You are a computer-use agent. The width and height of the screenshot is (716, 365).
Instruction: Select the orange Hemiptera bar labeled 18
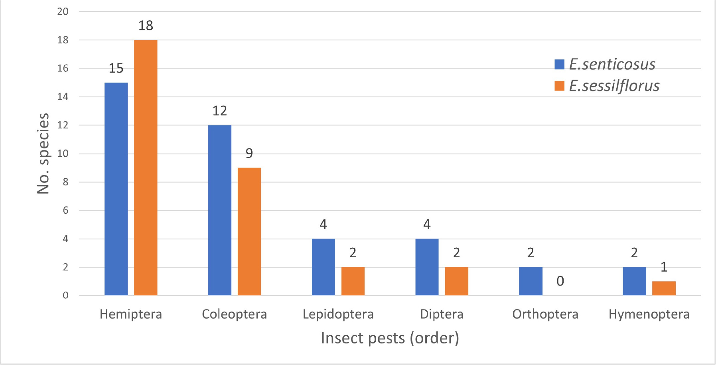click(x=146, y=168)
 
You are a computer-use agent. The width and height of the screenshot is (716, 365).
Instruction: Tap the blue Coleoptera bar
click(x=220, y=210)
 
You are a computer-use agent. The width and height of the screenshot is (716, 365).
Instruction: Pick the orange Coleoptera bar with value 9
click(x=249, y=231)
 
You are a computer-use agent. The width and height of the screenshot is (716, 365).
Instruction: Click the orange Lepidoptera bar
click(x=353, y=281)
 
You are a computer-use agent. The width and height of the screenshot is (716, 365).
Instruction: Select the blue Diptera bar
click(x=427, y=267)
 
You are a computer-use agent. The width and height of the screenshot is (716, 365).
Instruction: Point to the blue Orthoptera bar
click(x=531, y=281)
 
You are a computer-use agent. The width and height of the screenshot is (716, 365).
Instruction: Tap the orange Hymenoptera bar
click(x=664, y=288)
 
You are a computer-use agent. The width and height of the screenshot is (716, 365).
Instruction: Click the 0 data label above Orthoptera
click(x=560, y=281)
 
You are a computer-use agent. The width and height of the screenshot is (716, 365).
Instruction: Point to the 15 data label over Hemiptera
click(x=116, y=69)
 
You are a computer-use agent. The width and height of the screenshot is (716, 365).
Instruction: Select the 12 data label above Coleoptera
click(x=220, y=111)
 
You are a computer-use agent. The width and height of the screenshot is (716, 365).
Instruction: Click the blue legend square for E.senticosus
click(x=559, y=65)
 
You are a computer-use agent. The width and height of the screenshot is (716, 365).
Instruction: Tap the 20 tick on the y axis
click(x=63, y=12)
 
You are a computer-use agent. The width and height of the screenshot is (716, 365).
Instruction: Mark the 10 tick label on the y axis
click(x=63, y=154)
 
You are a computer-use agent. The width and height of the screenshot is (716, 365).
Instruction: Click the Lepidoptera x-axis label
click(x=338, y=314)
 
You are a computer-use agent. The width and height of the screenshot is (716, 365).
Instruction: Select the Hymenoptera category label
click(x=649, y=314)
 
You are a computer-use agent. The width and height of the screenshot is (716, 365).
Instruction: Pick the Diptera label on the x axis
click(x=442, y=314)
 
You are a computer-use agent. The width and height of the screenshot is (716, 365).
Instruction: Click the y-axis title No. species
click(x=43, y=154)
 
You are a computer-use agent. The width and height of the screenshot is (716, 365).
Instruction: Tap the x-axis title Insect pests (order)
click(x=390, y=338)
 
